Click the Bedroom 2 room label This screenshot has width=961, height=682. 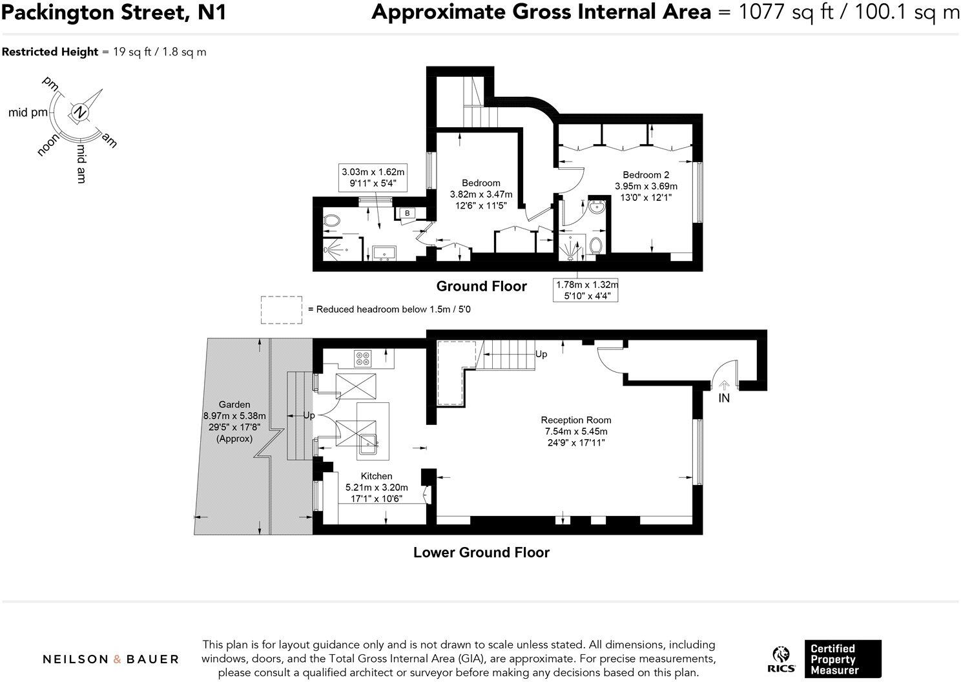pyautogui.click(x=646, y=175)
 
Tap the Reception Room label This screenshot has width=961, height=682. pyautogui.click(x=575, y=420)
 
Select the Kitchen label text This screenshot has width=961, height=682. pyautogui.click(x=377, y=476)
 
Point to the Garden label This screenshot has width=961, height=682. pyautogui.click(x=234, y=404)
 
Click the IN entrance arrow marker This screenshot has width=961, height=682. pyautogui.click(x=724, y=385)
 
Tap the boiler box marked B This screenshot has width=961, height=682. pyautogui.click(x=407, y=213)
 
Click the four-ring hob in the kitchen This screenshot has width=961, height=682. pyautogui.click(x=363, y=358)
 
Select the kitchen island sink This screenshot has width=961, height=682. pyautogui.click(x=368, y=444)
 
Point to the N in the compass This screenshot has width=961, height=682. pyautogui.click(x=79, y=113)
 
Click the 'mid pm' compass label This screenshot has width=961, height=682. pyautogui.click(x=28, y=113)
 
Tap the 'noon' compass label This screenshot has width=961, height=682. pyautogui.click(x=48, y=145)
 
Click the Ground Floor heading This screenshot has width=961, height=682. pyautogui.click(x=481, y=286)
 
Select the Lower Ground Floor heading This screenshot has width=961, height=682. pyautogui.click(x=481, y=552)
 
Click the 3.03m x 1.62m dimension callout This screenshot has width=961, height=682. pyautogui.click(x=373, y=178)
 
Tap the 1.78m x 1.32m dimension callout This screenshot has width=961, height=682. pyautogui.click(x=586, y=290)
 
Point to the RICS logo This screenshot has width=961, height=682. pyautogui.click(x=781, y=659)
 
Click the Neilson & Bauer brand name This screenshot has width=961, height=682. pyautogui.click(x=110, y=659)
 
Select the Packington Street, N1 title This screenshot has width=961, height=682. pyautogui.click(x=114, y=12)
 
